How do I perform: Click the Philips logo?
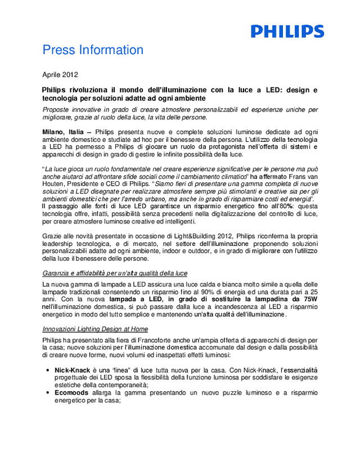[287, 31]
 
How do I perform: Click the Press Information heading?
[93, 50]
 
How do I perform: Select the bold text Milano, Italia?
[63, 131]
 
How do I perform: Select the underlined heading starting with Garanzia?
[115, 273]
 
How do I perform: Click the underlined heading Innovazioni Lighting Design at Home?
[95, 329]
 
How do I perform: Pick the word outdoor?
[201, 250]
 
